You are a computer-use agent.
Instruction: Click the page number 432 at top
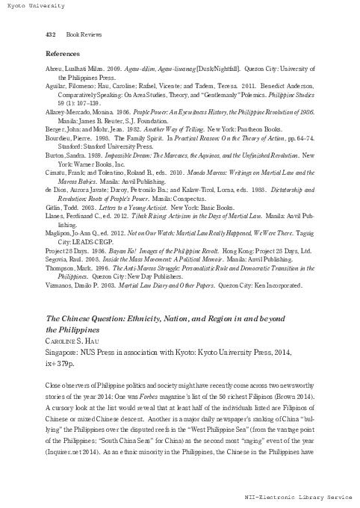coord(52,34)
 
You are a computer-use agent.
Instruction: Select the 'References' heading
coord(63,54)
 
